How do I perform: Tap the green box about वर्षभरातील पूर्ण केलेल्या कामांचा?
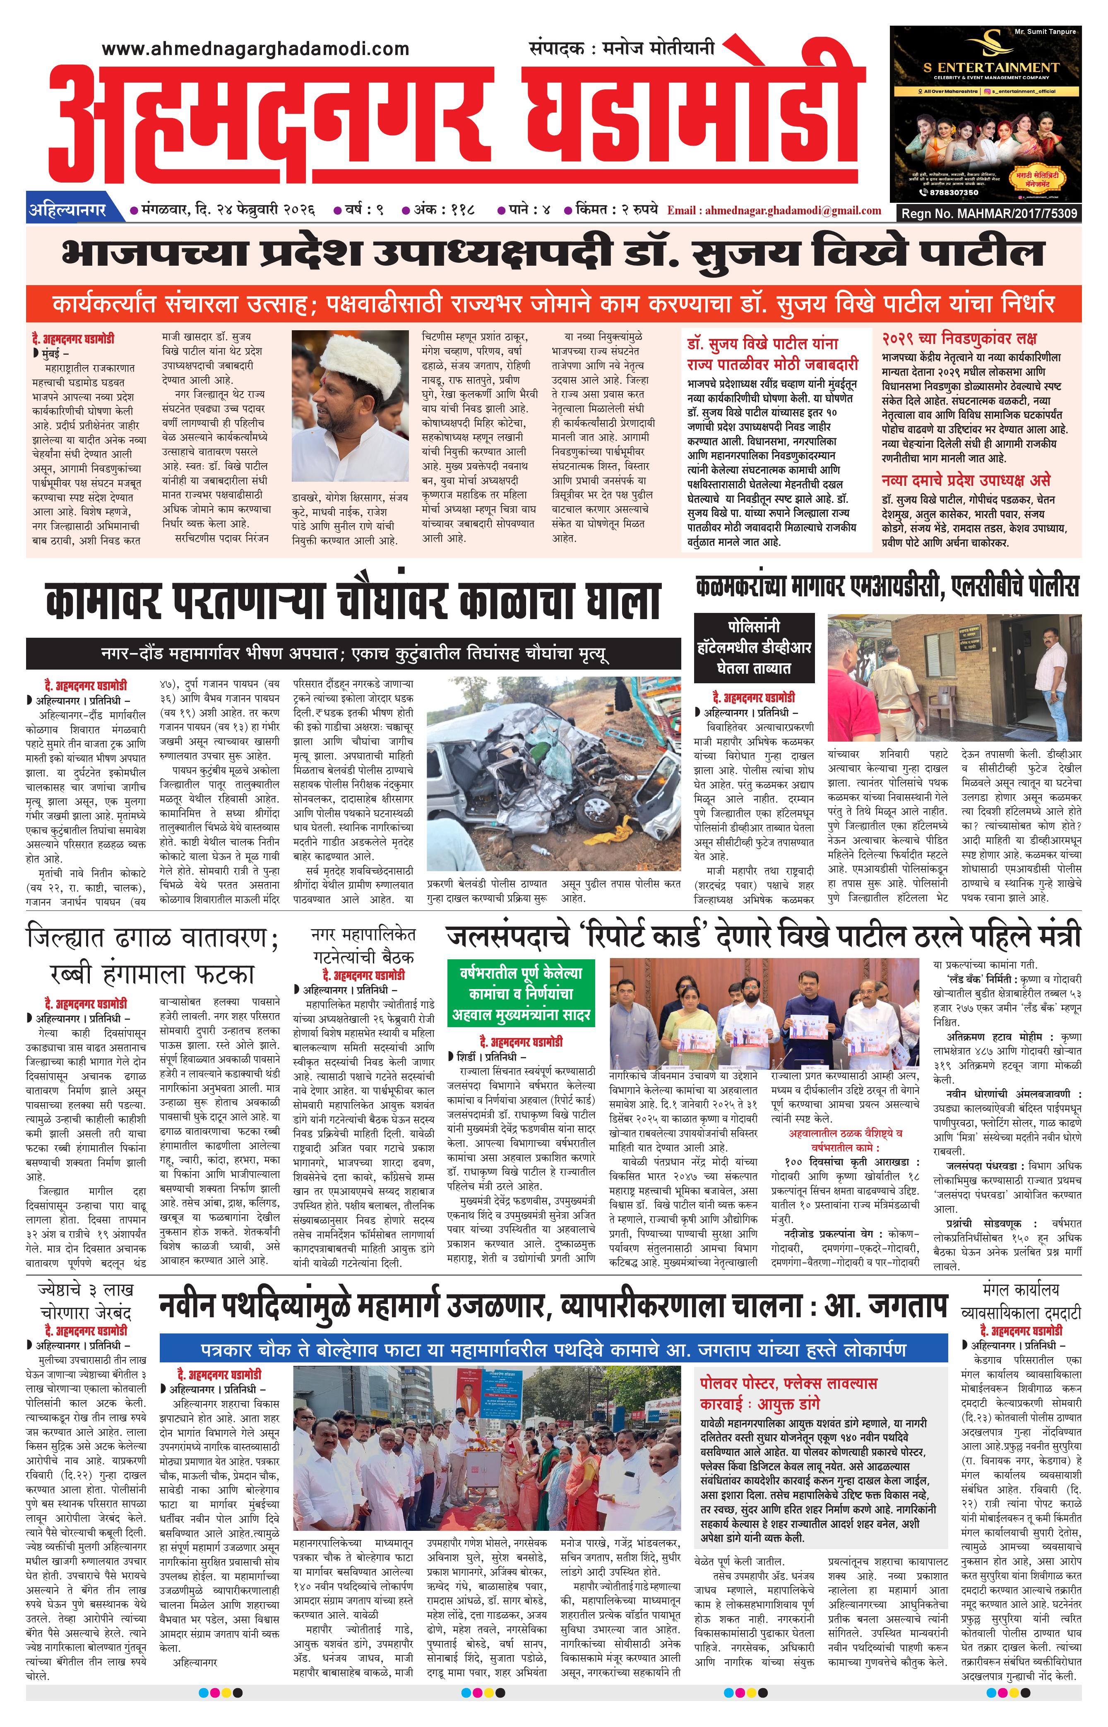click(521, 994)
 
